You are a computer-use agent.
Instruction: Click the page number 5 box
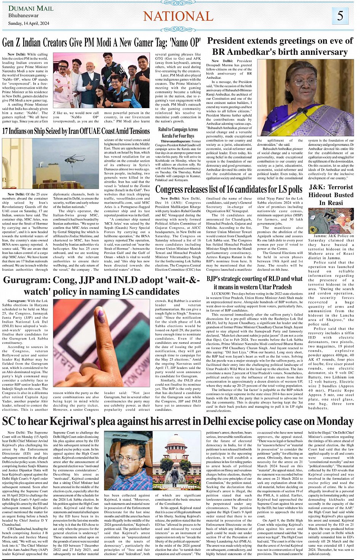click(340, 16)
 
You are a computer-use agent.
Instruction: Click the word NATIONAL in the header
click(178, 16)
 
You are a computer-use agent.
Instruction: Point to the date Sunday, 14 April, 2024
click(29, 24)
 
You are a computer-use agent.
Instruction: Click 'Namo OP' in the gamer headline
click(182, 43)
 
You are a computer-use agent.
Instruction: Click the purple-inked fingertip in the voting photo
click(101, 316)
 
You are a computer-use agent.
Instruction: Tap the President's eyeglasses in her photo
click(306, 82)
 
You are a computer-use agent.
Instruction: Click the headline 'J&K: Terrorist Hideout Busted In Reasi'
click(331, 195)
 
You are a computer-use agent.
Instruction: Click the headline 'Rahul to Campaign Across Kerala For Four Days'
click(178, 132)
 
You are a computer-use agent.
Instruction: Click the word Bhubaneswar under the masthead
click(24, 16)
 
